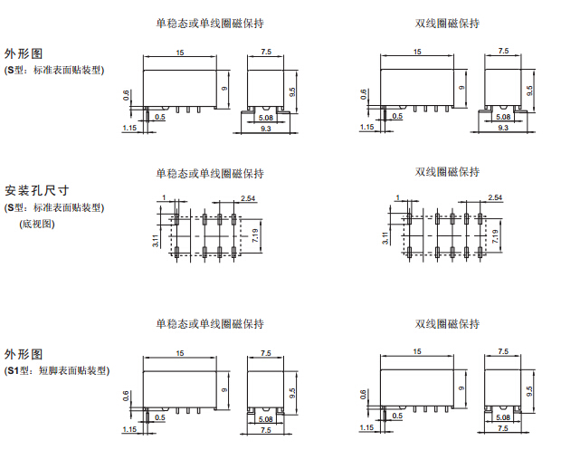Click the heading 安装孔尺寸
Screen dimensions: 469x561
(x=37, y=191)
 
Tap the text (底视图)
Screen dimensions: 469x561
(x=37, y=223)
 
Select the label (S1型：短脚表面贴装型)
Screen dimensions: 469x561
(x=57, y=370)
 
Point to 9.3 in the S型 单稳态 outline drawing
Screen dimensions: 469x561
(x=265, y=129)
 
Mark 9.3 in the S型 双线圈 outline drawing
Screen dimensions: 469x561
(x=503, y=129)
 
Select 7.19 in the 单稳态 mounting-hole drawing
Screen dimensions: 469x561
(x=257, y=237)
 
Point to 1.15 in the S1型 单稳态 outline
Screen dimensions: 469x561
(x=129, y=428)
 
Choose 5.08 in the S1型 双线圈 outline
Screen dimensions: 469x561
(x=503, y=419)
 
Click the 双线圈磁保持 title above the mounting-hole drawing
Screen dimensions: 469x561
(x=447, y=172)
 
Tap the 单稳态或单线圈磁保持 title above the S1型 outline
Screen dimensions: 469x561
(x=209, y=324)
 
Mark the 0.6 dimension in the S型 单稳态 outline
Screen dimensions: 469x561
(x=127, y=95)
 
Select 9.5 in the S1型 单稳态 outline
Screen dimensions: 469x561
(x=292, y=392)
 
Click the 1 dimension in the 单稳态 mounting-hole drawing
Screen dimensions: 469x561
(x=164, y=196)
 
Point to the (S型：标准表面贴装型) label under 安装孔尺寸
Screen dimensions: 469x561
(x=57, y=207)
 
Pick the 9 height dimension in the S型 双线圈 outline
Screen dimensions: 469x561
(x=461, y=88)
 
